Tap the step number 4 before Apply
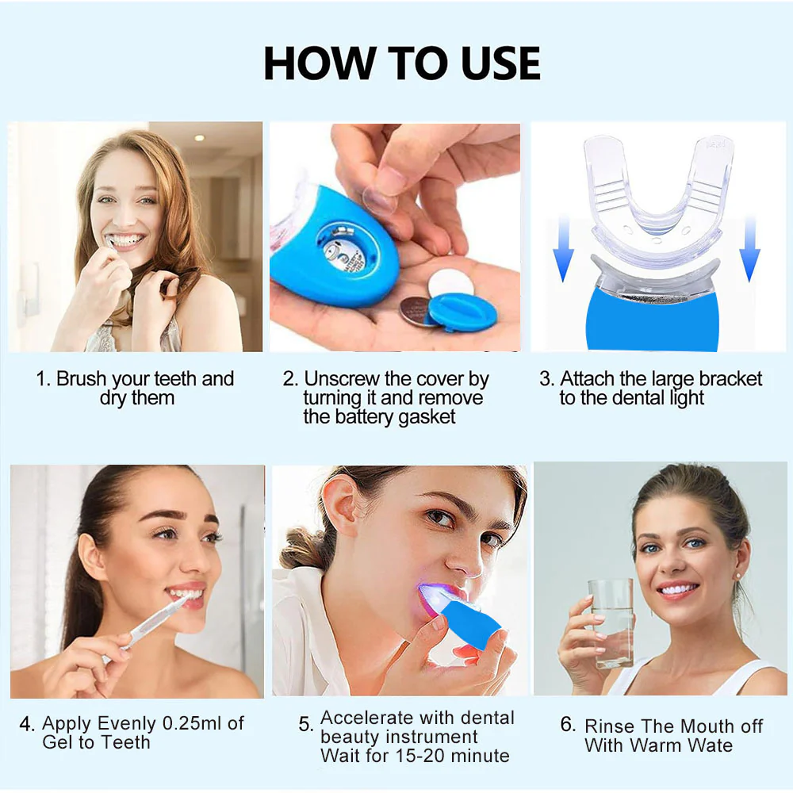(x=27, y=724)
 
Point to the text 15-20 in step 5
(x=431, y=757)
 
